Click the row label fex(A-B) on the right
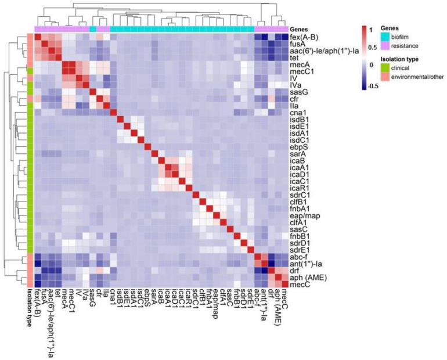click(303, 38)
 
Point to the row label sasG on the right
click(298, 92)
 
